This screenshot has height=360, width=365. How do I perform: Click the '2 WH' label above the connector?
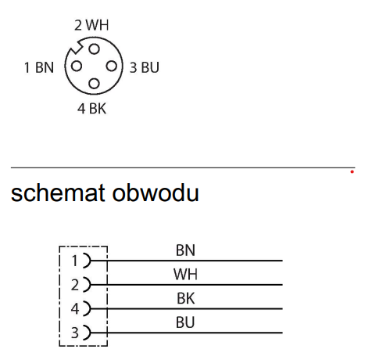[x=91, y=25]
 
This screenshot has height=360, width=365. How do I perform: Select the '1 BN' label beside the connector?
[x=39, y=67]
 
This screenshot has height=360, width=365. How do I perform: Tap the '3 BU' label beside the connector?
[x=145, y=67]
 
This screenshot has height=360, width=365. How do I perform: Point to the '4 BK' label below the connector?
[x=91, y=109]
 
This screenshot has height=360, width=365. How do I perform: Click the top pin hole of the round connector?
[x=94, y=49]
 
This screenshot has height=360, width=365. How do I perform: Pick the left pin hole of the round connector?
[x=77, y=66]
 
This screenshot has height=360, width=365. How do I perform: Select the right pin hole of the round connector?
[x=112, y=66]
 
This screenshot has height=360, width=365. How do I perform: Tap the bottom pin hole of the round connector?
[x=94, y=84]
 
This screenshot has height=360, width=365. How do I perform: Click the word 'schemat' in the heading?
[x=58, y=193]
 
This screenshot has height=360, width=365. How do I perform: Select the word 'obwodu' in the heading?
[x=156, y=193]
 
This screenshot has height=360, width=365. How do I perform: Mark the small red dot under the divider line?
[x=352, y=171]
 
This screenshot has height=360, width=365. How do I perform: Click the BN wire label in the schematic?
[x=185, y=250]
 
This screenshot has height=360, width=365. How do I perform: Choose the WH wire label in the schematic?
[x=185, y=274]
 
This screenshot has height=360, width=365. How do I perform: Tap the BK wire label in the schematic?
[x=185, y=298]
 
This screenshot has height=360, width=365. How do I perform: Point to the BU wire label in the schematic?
[x=185, y=322]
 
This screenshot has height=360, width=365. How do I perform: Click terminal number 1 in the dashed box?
[x=75, y=261]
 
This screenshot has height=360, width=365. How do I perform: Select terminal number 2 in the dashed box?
[x=75, y=285]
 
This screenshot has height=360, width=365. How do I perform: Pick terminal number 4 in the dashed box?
[x=75, y=309]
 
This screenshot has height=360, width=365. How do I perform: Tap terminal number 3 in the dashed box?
[x=75, y=333]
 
